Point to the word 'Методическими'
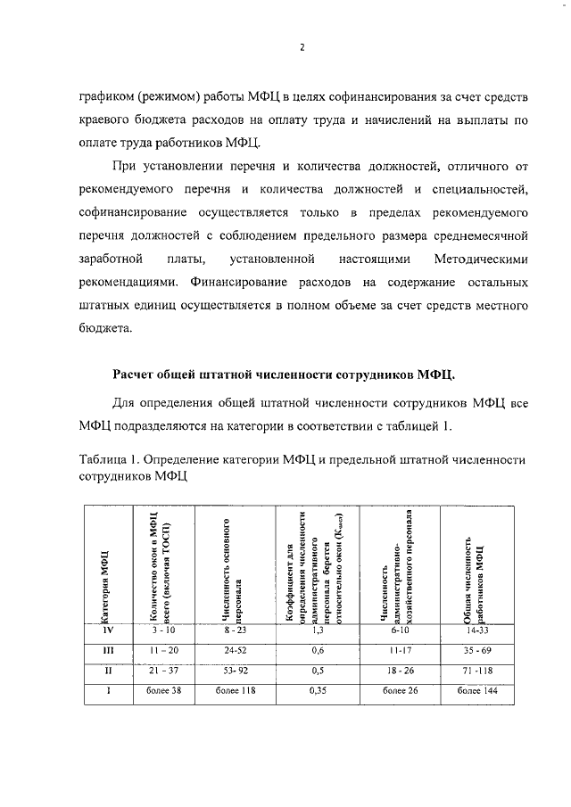480,259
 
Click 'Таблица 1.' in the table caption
104,459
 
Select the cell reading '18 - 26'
394,671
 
